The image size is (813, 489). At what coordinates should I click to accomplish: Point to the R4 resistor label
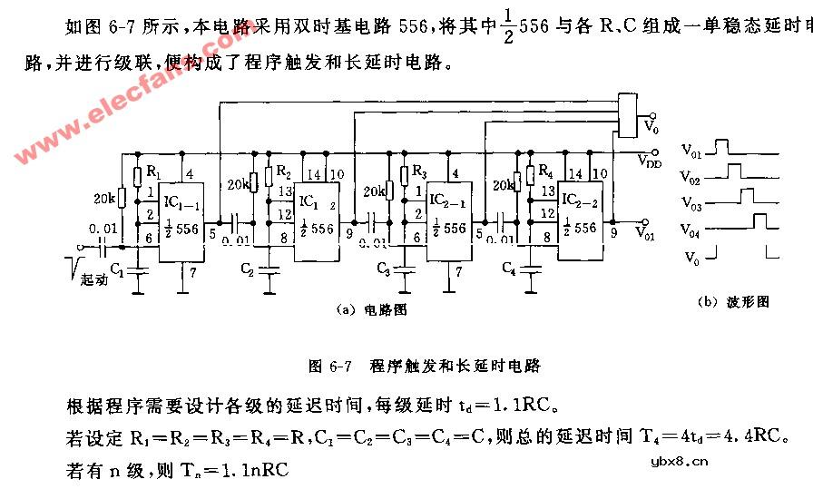[x=544, y=171]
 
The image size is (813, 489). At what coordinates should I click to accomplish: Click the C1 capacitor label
[x=118, y=269]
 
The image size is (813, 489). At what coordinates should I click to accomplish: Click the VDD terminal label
[x=649, y=161]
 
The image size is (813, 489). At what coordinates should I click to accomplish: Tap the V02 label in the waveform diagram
[x=691, y=171]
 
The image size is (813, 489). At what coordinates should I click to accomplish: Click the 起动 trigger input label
[x=93, y=280]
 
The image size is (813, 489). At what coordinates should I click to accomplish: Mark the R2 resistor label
[x=283, y=171]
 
